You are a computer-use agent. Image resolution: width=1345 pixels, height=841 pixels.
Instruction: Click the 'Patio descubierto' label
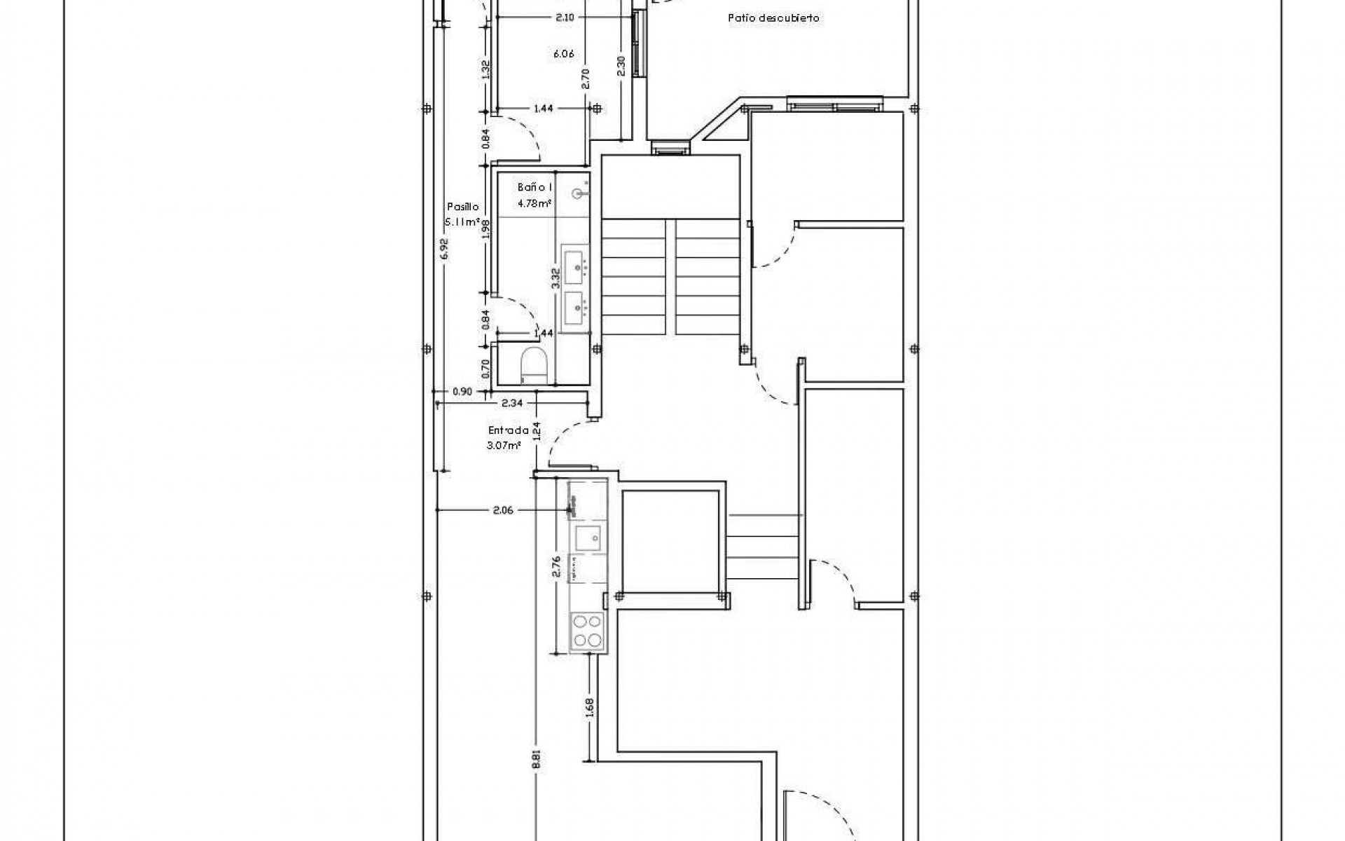pyautogui.click(x=773, y=19)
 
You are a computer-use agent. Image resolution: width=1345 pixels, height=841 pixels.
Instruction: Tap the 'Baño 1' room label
pyautogui.click(x=535, y=188)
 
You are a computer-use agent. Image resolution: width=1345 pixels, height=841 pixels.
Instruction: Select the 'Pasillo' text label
pyautogui.click(x=463, y=207)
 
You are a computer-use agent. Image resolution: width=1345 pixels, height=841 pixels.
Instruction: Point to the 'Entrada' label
pyautogui.click(x=508, y=431)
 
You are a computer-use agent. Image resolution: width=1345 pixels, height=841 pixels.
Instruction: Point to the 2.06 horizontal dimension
pyautogui.click(x=503, y=510)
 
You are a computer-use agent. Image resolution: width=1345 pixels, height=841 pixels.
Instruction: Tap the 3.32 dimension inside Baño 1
pyautogui.click(x=555, y=279)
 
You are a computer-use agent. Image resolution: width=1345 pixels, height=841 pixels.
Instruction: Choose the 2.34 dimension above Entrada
pyautogui.click(x=513, y=403)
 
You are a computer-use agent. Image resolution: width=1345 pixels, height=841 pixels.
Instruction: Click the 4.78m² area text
pyautogui.click(x=534, y=204)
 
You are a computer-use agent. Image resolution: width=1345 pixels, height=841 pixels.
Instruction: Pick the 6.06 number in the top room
pyautogui.click(x=564, y=53)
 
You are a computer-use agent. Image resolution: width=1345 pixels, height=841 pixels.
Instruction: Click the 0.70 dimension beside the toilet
pyautogui.click(x=486, y=367)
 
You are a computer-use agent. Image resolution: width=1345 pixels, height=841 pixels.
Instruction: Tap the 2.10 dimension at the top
pyautogui.click(x=565, y=18)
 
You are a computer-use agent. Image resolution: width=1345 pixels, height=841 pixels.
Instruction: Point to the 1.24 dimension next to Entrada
pyautogui.click(x=537, y=430)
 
